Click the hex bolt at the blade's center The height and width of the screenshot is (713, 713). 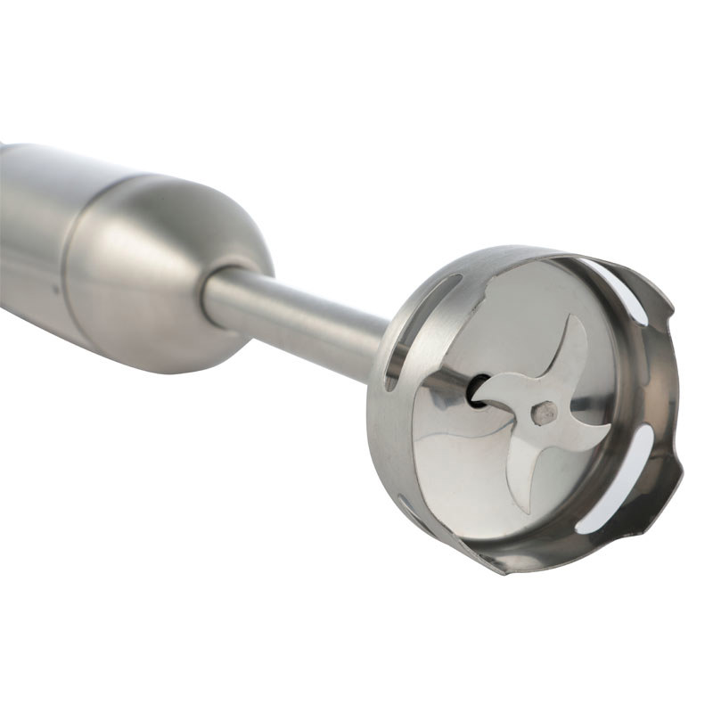point(545,412)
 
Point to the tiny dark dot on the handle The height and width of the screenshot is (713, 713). point(55,288)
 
